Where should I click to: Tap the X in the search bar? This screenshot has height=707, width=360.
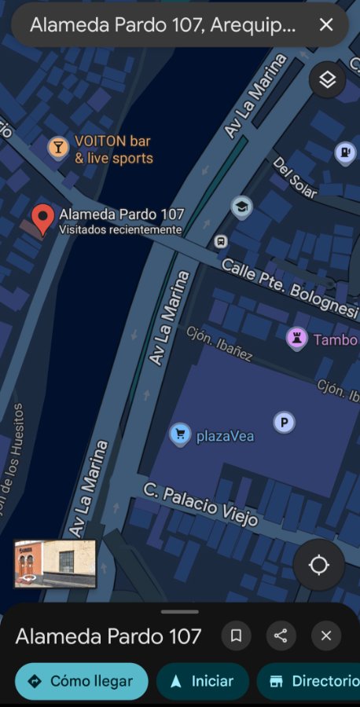point(326,25)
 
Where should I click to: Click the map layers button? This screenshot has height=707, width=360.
point(327,79)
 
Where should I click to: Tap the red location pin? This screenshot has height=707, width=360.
point(42,218)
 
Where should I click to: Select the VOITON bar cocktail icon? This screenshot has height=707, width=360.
point(57,147)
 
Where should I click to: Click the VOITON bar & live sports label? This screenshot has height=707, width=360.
point(113,149)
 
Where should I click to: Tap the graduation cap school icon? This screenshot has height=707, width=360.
point(242,207)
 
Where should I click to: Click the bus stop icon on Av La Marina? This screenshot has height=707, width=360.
point(222,241)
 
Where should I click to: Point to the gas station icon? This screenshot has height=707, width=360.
point(345,152)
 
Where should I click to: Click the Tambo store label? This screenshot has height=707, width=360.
point(335,340)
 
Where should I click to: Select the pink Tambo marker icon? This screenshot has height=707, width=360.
point(296,339)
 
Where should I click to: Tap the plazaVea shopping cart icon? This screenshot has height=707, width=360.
point(180,434)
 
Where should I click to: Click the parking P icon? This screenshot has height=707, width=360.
point(284,423)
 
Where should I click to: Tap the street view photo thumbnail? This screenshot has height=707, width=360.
point(55,563)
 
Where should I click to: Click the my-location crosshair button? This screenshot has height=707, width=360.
point(319,565)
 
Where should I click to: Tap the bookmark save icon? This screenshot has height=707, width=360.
point(236,636)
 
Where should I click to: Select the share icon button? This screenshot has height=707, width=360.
point(281,636)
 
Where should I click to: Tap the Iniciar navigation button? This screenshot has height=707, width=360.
point(202,681)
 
